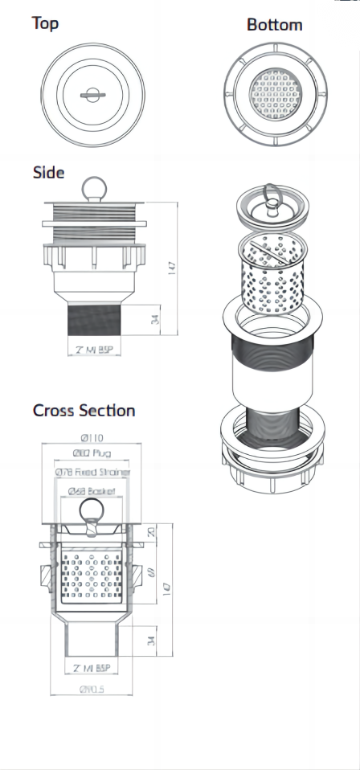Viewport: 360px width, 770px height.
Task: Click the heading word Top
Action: click(45, 23)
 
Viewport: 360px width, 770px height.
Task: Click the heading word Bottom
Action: click(274, 25)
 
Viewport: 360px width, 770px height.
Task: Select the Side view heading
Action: click(48, 173)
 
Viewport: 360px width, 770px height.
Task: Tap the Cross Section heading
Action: click(84, 410)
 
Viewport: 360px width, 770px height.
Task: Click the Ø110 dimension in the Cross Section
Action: click(92, 438)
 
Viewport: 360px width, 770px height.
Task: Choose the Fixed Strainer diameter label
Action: click(92, 473)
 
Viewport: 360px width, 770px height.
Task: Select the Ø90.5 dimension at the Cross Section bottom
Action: click(92, 688)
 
